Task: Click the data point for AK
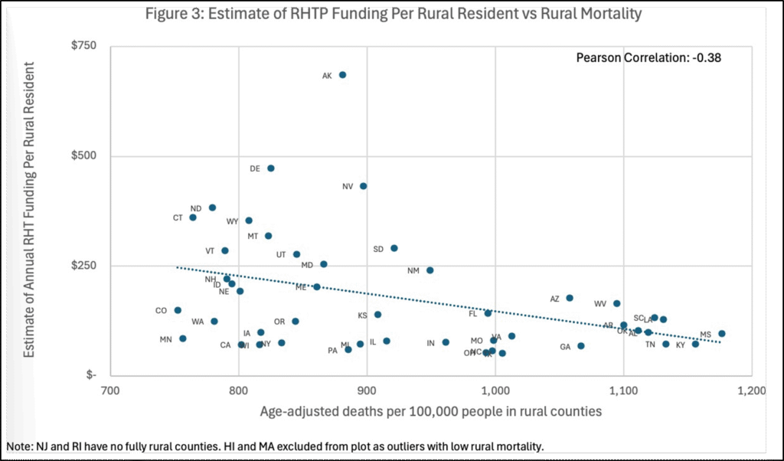coord(342,75)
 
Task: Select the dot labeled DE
coord(270,168)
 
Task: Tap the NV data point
coord(363,186)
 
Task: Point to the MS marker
coord(721,334)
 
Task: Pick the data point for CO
coord(178,310)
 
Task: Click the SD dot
coord(394,248)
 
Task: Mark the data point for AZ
coord(569,298)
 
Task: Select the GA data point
coord(580,346)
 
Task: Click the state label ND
coord(196,208)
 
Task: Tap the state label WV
coord(600,304)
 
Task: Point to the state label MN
coord(165,339)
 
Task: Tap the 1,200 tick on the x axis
coord(751,391)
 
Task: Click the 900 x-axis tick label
coord(367,391)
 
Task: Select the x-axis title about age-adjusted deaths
coord(430,411)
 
